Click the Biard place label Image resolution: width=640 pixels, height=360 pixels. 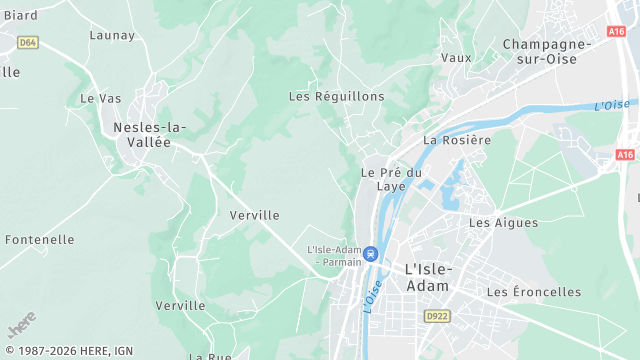(x=21, y=15)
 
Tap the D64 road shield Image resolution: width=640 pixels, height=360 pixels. (x=28, y=42)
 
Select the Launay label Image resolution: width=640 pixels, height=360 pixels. (x=112, y=35)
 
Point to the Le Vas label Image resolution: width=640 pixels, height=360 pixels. (x=100, y=98)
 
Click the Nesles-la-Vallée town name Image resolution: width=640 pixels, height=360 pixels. (x=150, y=134)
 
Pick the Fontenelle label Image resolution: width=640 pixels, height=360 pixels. (x=40, y=240)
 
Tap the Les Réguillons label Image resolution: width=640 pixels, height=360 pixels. (x=336, y=96)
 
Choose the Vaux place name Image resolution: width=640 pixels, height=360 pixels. (x=456, y=58)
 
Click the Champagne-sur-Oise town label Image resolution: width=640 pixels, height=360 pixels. (x=551, y=51)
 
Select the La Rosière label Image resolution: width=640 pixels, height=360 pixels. (x=457, y=140)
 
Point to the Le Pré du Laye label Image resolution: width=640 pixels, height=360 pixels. (x=391, y=179)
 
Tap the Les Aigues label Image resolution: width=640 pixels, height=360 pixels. (x=503, y=222)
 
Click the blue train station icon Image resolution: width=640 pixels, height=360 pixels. (x=370, y=254)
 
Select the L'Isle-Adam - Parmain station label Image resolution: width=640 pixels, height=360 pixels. (x=334, y=255)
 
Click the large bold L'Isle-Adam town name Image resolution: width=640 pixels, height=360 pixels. (x=427, y=277)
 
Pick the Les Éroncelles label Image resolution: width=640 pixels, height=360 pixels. (x=534, y=292)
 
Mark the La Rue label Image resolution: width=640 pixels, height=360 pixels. (x=211, y=356)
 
